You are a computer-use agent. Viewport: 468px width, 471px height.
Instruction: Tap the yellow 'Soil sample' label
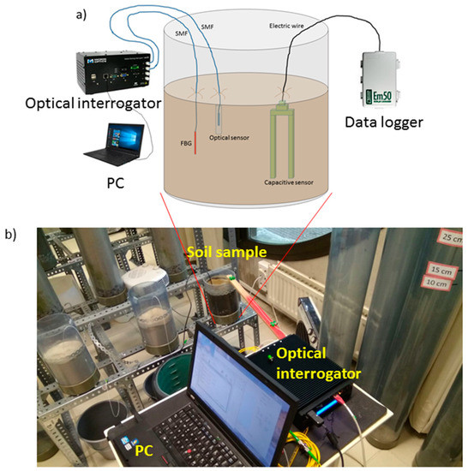222,251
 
